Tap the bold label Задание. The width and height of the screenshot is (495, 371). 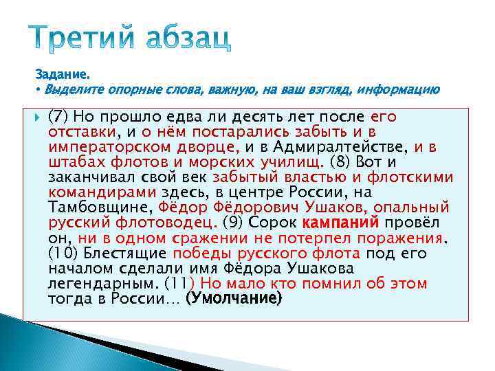coord(63,74)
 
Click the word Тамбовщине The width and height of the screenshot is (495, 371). coord(100,207)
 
